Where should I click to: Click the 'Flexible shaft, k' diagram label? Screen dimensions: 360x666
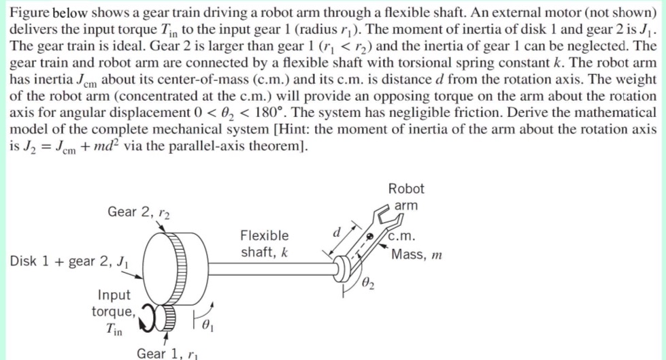pyautogui.click(x=264, y=244)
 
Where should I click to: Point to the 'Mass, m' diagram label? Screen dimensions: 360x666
pyautogui.click(x=416, y=255)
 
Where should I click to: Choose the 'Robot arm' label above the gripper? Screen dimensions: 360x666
pyautogui.click(x=406, y=196)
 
